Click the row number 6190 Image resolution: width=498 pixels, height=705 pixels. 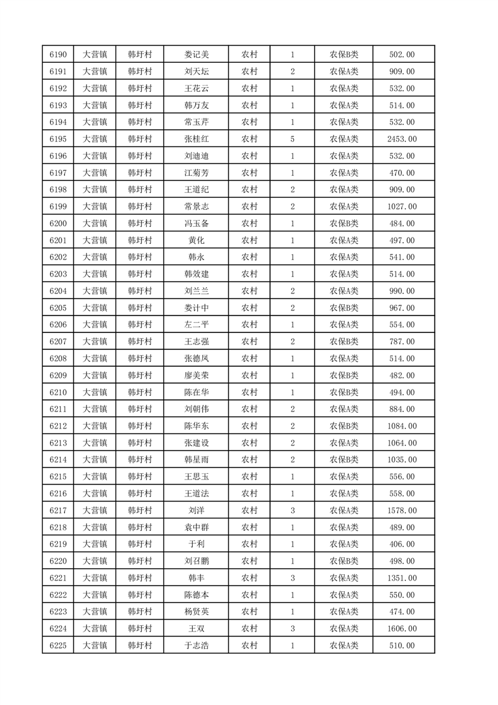click(58, 55)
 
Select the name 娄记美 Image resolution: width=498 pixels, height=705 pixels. click(196, 55)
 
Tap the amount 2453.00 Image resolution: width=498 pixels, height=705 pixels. click(402, 139)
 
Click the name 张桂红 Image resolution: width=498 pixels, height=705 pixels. click(196, 139)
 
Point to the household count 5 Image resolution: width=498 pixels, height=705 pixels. click(293, 139)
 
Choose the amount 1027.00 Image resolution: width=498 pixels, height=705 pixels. click(402, 206)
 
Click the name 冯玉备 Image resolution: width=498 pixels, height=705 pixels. click(196, 223)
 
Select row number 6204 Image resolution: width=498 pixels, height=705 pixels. click(58, 291)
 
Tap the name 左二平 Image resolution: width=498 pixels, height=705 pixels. click(196, 324)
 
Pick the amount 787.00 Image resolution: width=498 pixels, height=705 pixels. click(402, 341)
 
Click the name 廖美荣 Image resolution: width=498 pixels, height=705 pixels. click(196, 375)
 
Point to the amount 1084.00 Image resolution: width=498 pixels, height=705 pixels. click(402, 426)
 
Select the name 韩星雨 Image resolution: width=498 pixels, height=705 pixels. click(196, 459)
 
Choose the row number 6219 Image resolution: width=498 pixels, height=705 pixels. click(58, 544)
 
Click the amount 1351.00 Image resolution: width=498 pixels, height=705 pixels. click(402, 577)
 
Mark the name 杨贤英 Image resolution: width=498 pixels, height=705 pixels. click(196, 611)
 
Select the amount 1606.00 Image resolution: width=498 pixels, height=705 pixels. click(402, 628)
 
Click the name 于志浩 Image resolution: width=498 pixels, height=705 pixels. click(196, 645)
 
